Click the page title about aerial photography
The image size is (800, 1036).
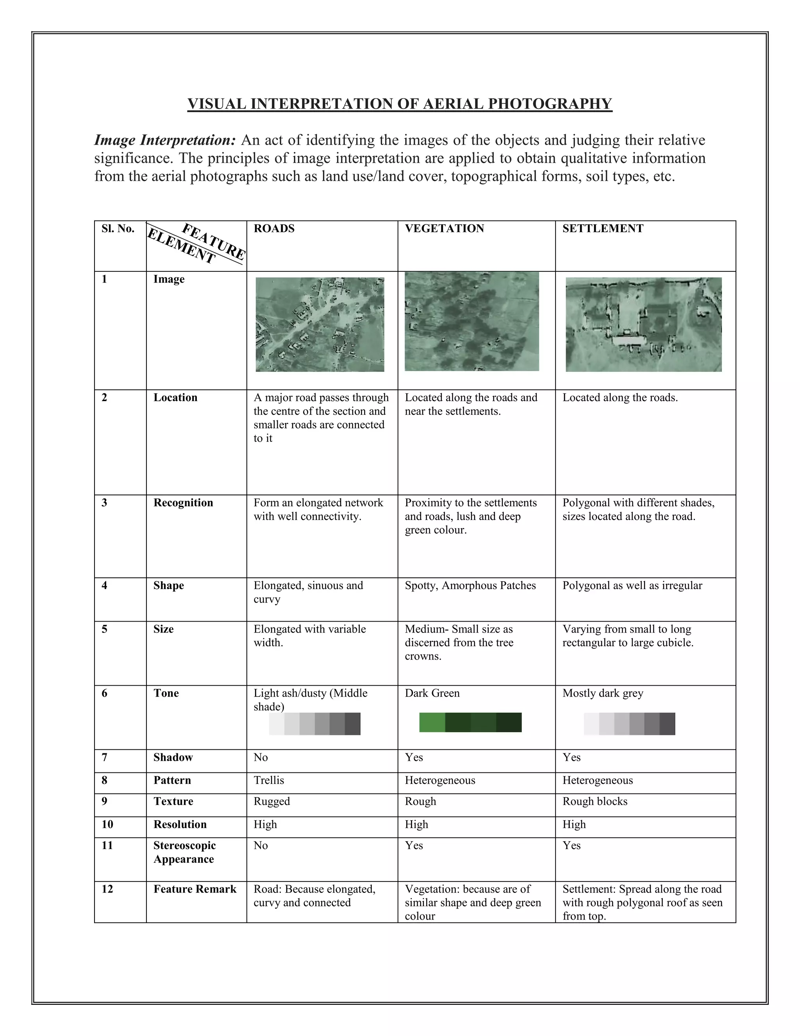point(400,104)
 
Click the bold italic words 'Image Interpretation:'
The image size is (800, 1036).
point(164,140)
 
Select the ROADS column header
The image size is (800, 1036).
point(274,229)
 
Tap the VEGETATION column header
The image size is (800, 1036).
point(444,229)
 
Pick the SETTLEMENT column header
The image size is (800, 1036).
point(602,229)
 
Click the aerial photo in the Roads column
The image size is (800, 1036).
point(320,324)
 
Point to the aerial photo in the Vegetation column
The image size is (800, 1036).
point(471,321)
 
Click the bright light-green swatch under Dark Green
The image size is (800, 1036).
point(432,722)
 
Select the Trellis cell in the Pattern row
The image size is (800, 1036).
point(269,780)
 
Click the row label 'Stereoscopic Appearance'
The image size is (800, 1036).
point(184,852)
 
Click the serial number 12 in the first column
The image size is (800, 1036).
point(107,889)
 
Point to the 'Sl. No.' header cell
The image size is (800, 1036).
point(118,229)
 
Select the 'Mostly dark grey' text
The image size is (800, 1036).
point(602,693)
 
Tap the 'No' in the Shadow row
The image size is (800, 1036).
point(261,757)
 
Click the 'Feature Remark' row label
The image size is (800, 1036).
point(194,889)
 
